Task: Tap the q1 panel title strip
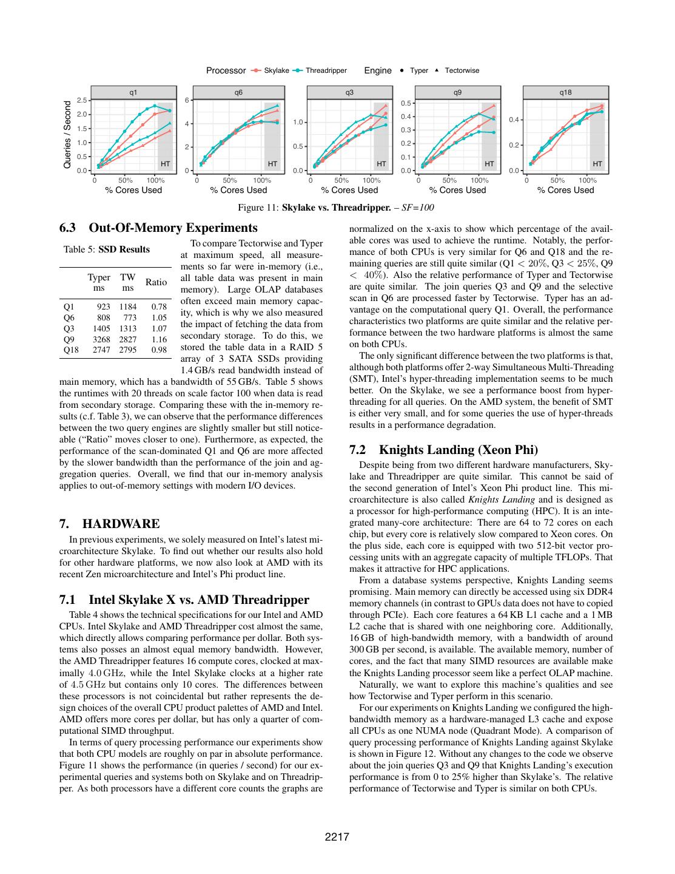(x=133, y=92)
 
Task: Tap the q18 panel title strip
(x=566, y=92)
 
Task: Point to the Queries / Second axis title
(x=67, y=135)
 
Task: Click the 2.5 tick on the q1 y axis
(x=82, y=100)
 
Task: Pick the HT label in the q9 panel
(x=489, y=164)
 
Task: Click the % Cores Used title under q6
(x=239, y=190)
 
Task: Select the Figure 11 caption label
(x=259, y=208)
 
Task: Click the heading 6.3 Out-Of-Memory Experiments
(x=158, y=228)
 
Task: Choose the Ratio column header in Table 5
(x=156, y=282)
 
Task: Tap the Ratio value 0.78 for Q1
(x=159, y=307)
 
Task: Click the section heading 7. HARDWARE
(x=110, y=523)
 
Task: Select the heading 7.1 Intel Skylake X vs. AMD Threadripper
(x=184, y=600)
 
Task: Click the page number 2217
(x=337, y=838)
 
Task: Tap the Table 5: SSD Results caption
(x=107, y=249)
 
